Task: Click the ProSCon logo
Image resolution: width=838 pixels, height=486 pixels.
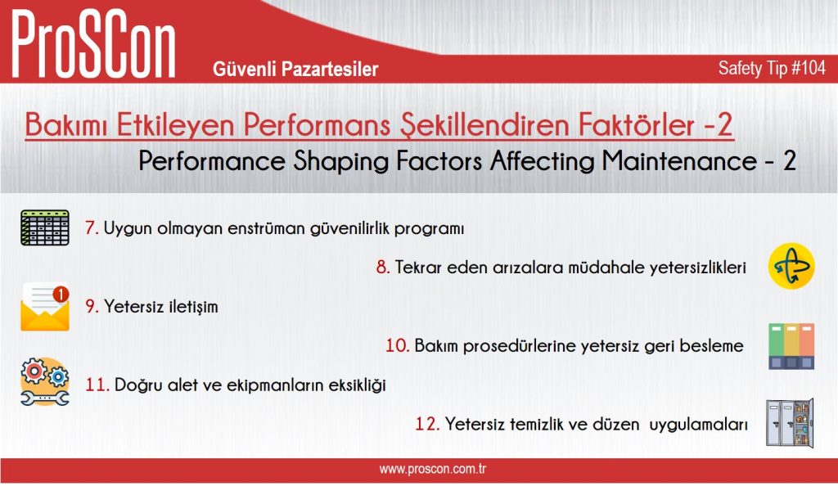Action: (93, 45)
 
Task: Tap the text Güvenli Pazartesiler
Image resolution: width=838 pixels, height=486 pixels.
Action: (295, 69)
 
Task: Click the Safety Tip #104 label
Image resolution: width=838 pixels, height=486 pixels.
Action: (772, 68)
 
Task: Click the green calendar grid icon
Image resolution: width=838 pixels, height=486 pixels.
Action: (45, 227)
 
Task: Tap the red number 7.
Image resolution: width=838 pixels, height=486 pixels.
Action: (92, 228)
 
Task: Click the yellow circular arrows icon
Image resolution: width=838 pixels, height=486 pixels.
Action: (791, 266)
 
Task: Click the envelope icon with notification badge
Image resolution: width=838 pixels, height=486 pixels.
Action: (45, 307)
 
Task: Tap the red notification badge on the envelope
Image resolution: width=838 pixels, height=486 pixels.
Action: (61, 294)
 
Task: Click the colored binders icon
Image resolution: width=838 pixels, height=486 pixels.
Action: (791, 346)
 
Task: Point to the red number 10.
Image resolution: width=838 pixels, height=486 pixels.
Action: (397, 345)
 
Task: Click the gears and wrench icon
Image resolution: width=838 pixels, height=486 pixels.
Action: (45, 382)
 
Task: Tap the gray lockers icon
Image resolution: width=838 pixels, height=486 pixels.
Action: (790, 423)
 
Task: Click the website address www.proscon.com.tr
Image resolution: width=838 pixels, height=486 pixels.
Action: (433, 470)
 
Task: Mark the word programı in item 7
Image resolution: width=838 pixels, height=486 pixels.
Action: (429, 229)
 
